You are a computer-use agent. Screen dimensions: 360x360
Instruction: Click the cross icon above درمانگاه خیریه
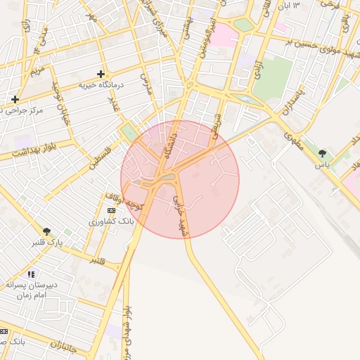pyautogui.click(x=101, y=73)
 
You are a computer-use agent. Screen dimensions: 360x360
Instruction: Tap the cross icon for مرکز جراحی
pyautogui.click(x=15, y=99)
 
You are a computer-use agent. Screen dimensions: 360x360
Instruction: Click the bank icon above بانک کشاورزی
pyautogui.click(x=111, y=210)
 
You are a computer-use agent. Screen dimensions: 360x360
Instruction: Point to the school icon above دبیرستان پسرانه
pyautogui.click(x=30, y=274)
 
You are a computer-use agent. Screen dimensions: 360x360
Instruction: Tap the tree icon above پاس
pyautogui.click(x=322, y=153)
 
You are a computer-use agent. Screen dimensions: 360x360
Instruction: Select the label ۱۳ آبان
pyautogui.click(x=287, y=6)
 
